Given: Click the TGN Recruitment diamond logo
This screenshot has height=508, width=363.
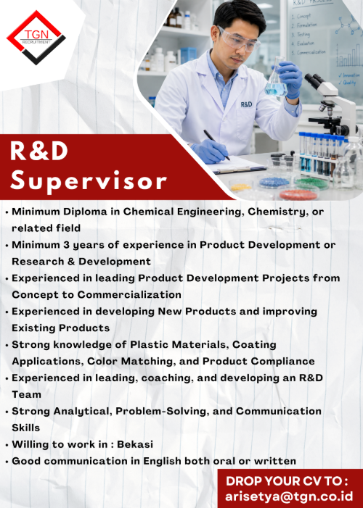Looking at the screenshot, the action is [x=36, y=37].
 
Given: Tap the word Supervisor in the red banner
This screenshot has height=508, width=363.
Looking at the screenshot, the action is [x=89, y=182].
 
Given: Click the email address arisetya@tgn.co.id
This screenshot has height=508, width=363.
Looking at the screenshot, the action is [x=289, y=496].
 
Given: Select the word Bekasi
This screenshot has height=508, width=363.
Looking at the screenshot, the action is [x=135, y=444].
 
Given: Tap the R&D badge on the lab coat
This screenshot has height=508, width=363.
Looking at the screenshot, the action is [x=246, y=104].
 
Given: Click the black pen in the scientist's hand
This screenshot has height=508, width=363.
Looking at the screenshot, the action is [x=216, y=145].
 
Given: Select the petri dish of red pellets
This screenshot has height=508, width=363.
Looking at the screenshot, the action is [x=298, y=195].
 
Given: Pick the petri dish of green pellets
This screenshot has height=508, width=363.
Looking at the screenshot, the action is [x=311, y=183].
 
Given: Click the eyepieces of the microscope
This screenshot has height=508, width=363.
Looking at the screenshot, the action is [x=314, y=81].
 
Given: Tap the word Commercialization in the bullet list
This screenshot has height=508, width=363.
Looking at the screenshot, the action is [x=129, y=294].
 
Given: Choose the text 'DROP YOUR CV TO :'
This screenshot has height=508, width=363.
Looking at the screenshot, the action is [x=287, y=481].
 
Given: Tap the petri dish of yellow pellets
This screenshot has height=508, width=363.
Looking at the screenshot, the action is [x=241, y=187].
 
